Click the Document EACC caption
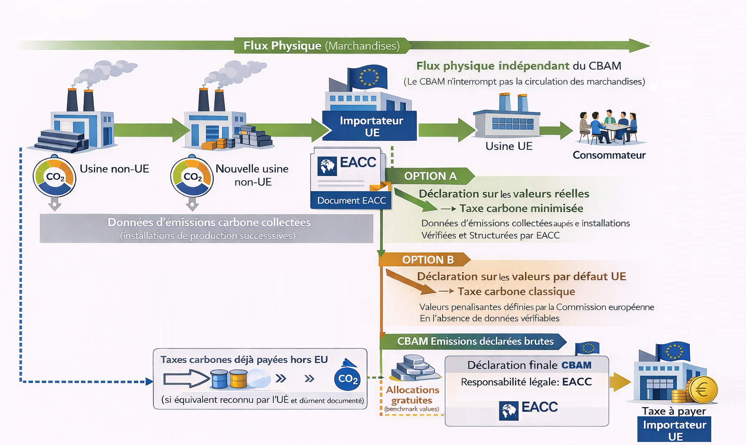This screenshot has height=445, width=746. point(351,201)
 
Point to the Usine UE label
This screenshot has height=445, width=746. point(509,146)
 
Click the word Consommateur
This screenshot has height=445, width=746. point(609,155)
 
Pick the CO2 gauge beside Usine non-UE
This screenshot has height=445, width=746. point(54,177)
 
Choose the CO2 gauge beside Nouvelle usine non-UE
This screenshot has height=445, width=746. point(192,177)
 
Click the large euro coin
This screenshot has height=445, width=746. point(702,389)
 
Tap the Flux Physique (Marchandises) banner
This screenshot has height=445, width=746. point(321,46)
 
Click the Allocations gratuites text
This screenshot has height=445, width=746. point(412,395)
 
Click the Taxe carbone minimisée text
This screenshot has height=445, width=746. point(521,209)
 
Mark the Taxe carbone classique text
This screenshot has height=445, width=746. point(516,292)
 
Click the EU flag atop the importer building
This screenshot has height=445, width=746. point(368,77)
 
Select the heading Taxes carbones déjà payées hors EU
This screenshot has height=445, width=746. point(244,360)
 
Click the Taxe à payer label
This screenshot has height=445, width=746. point(673,411)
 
